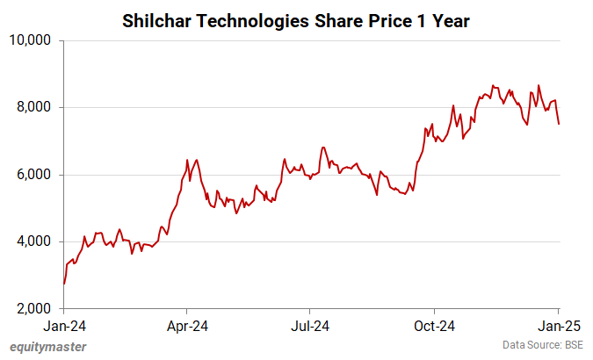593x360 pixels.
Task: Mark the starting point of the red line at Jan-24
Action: click(x=64, y=284)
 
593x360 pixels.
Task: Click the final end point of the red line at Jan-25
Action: click(x=559, y=124)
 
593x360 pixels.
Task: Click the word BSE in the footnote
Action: click(x=572, y=345)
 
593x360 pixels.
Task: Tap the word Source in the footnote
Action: click(x=543, y=345)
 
